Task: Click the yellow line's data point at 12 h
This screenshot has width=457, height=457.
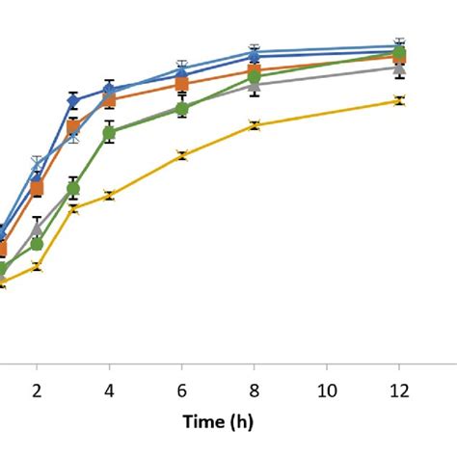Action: coord(399,100)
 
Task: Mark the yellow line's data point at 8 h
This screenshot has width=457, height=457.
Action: coord(254,124)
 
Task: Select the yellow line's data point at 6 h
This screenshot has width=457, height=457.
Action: coord(181,155)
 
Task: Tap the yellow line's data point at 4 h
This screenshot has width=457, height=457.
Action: coord(109,196)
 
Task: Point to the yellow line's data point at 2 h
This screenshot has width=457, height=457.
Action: coord(37,266)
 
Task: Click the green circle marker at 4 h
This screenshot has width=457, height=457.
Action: coord(109,133)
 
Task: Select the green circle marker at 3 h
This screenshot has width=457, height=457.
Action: coord(73,189)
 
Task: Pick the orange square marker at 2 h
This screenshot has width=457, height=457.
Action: coord(37,189)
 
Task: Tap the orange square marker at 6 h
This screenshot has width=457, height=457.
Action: coord(181,84)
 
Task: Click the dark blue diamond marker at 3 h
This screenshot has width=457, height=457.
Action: coord(73,99)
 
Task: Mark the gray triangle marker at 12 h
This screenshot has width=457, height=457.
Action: coord(399,68)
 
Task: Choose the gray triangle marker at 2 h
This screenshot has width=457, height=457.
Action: coord(37,229)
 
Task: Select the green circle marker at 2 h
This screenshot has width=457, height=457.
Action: coord(37,244)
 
